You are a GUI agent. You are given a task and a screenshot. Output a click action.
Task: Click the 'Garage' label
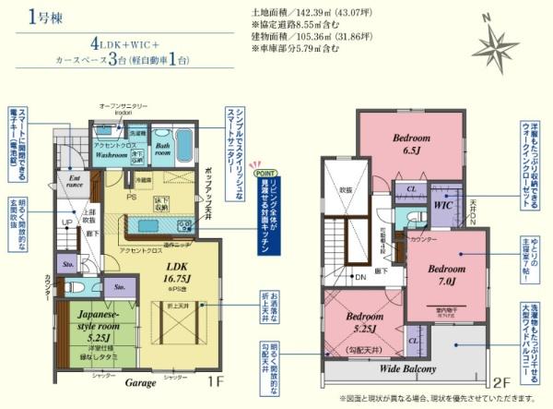click(x=141, y=380)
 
